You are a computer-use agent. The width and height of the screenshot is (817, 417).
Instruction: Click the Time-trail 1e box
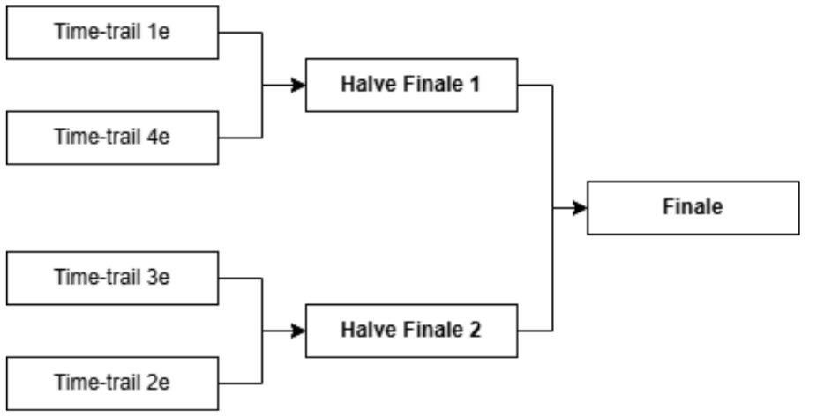[x=112, y=32]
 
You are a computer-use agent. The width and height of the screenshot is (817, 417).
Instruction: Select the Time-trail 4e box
[x=112, y=138]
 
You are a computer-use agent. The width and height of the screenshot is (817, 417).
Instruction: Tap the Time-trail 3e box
[x=112, y=278]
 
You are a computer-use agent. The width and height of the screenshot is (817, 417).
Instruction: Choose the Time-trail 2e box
[x=112, y=383]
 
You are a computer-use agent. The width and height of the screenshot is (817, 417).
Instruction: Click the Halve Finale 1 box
[x=411, y=85]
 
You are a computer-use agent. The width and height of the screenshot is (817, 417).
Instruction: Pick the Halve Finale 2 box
[x=411, y=331]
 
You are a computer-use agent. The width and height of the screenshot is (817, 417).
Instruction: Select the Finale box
[x=693, y=208]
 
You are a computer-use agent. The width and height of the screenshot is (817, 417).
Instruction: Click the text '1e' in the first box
[x=159, y=33]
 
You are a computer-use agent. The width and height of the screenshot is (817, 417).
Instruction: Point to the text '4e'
[x=159, y=138]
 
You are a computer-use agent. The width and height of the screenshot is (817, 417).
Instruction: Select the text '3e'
[x=159, y=279]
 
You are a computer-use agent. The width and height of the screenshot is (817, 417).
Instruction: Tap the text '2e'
[x=159, y=384]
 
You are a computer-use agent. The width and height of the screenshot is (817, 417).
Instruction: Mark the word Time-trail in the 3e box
[x=101, y=279]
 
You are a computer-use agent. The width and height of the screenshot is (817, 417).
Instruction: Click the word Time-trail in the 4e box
[x=101, y=138]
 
